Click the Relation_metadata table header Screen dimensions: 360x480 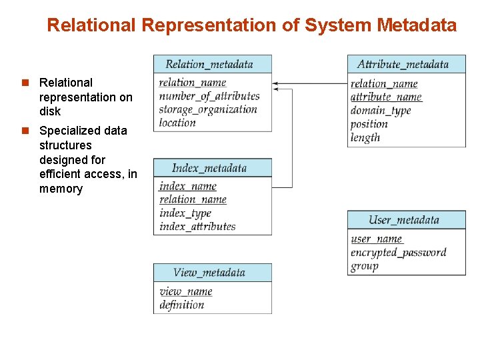point(213,64)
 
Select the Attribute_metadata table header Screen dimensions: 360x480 point(406,64)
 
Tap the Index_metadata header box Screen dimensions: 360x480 point(213,168)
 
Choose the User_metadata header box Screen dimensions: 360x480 point(406,220)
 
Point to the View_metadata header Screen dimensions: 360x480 point(213,273)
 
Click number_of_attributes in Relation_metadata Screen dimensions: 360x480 point(209,96)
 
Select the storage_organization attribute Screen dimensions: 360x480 point(208,109)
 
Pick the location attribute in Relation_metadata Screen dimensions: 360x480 point(177,123)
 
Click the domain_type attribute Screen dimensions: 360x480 point(381,111)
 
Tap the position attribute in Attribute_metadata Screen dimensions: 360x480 point(369,124)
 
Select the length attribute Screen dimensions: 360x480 point(365,137)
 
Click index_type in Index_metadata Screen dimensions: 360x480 point(185,213)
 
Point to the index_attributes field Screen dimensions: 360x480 point(197,227)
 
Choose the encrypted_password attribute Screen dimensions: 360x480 point(398,253)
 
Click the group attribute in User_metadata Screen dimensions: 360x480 point(365,266)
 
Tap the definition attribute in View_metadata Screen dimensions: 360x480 point(182,305)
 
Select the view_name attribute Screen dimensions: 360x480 point(186,291)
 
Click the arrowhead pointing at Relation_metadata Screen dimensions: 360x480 point(275,84)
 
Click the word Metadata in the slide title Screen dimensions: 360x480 point(417,25)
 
